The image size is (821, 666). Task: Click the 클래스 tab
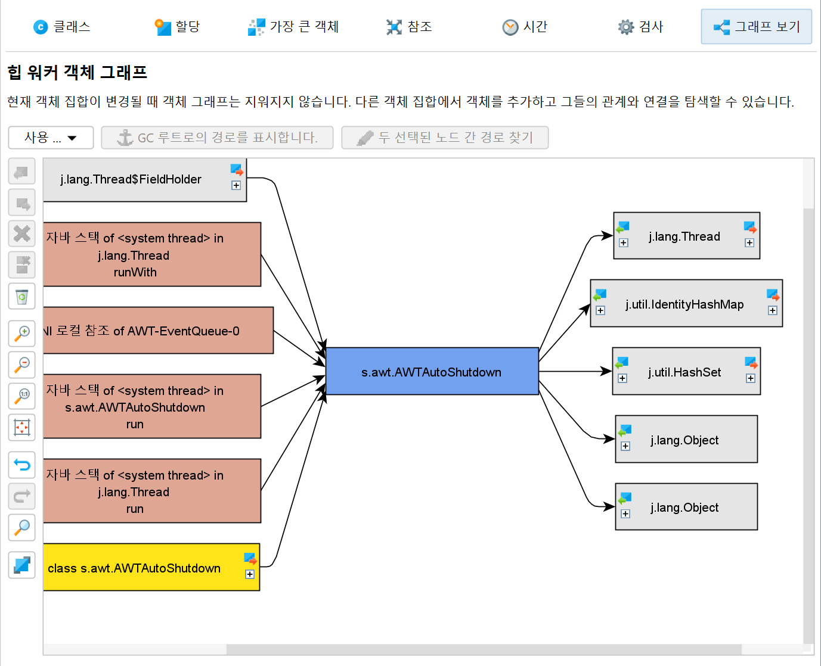coord(61,27)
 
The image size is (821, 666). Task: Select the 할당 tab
coord(177,27)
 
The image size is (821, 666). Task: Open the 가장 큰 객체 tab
coord(293,27)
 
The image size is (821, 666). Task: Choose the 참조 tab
coord(409,27)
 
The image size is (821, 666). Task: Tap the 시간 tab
coord(525,27)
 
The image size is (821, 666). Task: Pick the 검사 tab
coord(640,27)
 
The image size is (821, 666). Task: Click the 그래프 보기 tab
coord(756,27)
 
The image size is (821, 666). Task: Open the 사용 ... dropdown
coord(51,138)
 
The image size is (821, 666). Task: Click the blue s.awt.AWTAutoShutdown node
coord(432,371)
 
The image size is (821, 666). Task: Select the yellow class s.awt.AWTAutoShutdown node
coord(151,567)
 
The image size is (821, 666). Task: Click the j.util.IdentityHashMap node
coord(686,303)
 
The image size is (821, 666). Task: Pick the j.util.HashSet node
coord(686,371)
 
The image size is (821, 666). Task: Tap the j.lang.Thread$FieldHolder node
coord(145,180)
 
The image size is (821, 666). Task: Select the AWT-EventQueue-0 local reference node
coord(159,330)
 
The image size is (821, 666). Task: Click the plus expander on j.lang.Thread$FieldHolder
coord(236,185)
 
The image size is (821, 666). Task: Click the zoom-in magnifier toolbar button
coord(22,334)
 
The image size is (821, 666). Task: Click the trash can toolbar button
coord(22,297)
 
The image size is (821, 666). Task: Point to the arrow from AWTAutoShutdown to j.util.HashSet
coord(575,371)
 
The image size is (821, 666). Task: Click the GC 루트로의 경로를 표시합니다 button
coord(217,138)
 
